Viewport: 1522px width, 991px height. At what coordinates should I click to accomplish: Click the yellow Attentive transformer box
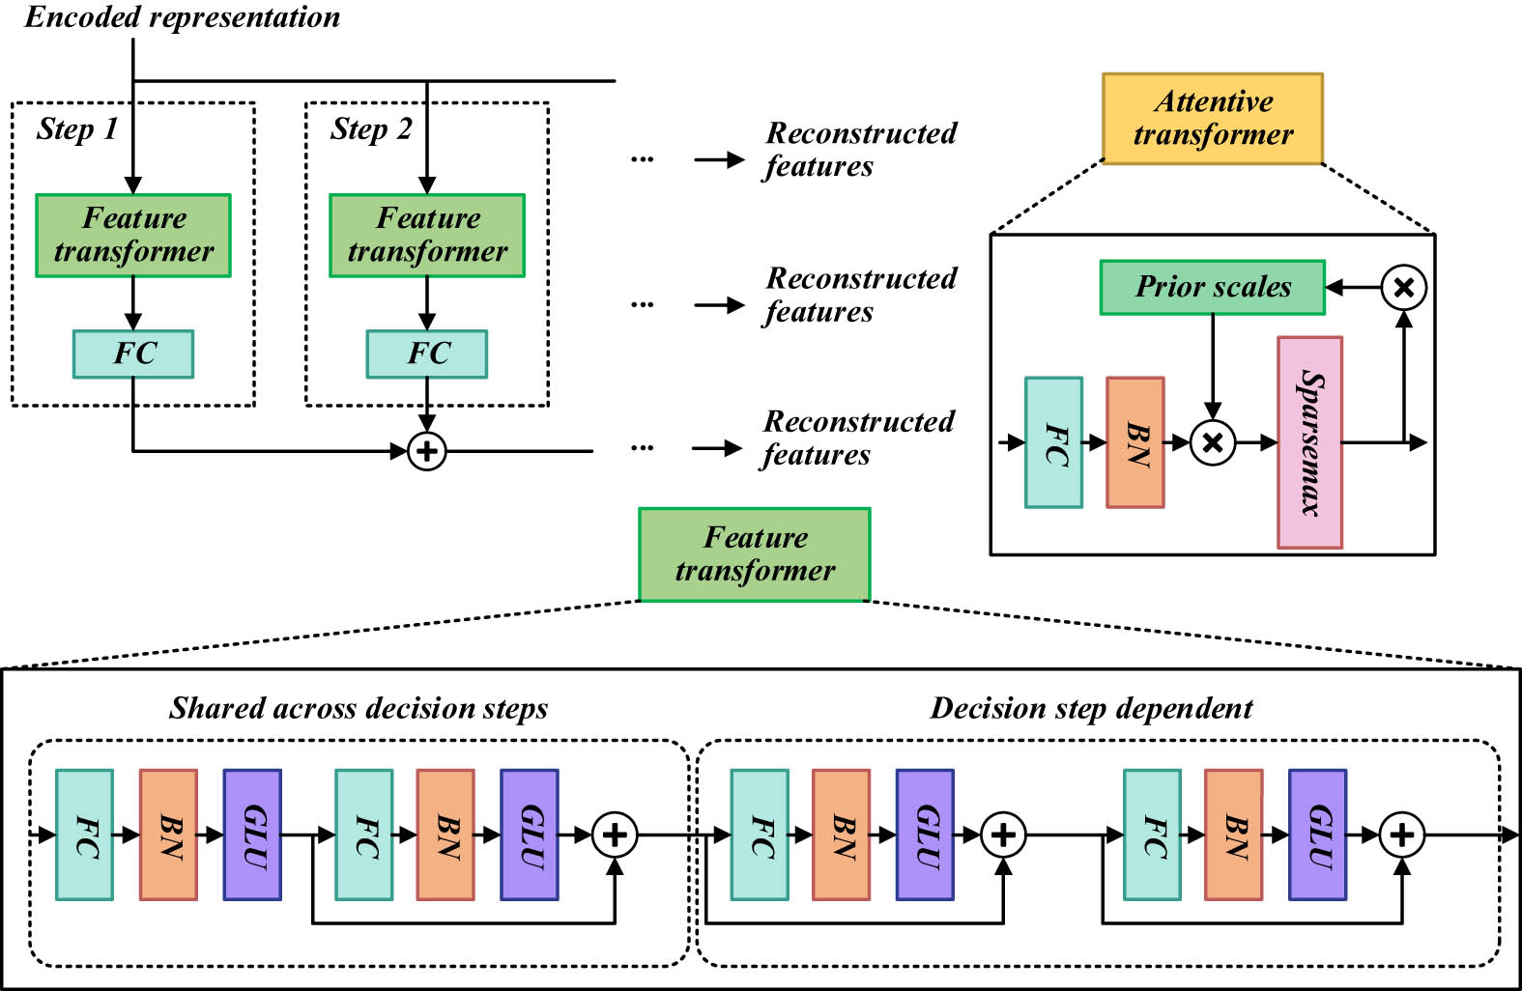[1212, 118]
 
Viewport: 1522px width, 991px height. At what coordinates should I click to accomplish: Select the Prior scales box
[1212, 287]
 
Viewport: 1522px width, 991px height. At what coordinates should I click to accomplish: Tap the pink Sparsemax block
[1309, 442]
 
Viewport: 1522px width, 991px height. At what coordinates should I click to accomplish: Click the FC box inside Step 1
[133, 354]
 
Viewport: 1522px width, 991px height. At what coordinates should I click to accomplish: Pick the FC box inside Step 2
[426, 354]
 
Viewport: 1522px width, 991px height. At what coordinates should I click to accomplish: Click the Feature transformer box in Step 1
[133, 236]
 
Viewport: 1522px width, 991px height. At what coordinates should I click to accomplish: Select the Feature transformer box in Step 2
[426, 236]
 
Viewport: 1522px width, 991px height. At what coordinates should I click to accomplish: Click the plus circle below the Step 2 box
[426, 451]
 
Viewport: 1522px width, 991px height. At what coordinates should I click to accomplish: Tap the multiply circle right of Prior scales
[1403, 287]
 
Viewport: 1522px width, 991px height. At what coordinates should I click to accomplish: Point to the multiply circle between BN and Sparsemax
[1213, 442]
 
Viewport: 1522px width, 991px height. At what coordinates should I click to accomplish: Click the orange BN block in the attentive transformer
[1134, 442]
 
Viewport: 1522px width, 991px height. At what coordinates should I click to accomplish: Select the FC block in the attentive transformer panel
[1053, 442]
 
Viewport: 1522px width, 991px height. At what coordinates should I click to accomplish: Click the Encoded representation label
[182, 17]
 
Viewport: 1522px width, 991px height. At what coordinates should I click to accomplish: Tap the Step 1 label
[77, 128]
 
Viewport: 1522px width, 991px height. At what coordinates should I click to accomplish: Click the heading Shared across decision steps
[359, 708]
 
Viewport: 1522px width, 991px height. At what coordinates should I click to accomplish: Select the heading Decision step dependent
[1091, 708]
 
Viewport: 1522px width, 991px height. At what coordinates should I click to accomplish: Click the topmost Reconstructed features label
[860, 149]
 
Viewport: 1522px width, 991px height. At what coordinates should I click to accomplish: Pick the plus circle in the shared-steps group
[615, 835]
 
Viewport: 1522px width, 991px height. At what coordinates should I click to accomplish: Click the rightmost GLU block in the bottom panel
[1317, 835]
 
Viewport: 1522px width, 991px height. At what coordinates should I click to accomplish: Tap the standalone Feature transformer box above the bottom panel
[755, 554]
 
